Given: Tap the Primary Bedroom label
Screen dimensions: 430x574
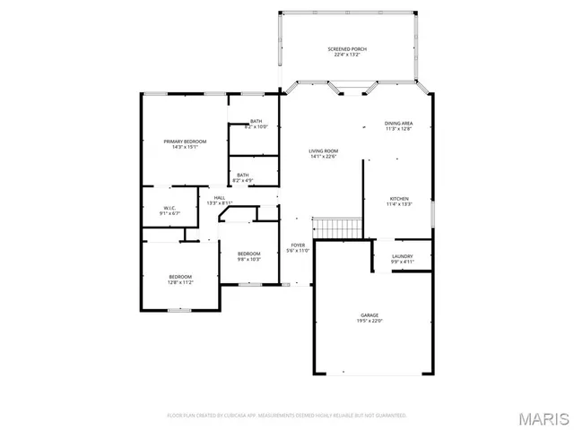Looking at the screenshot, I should (x=185, y=142).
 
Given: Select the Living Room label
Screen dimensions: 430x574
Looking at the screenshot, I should (x=322, y=150).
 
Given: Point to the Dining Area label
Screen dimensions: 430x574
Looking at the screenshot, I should (x=398, y=123).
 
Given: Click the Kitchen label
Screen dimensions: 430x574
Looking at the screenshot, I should (x=399, y=198).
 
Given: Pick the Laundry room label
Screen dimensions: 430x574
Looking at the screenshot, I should (x=402, y=256).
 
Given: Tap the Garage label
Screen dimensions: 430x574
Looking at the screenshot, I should (x=370, y=314).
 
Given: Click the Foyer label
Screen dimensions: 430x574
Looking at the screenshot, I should (x=298, y=245).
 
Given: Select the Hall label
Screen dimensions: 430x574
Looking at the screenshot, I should (x=220, y=198).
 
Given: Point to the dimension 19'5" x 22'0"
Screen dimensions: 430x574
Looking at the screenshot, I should (x=370, y=321).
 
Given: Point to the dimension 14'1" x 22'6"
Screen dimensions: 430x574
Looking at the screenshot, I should (x=322, y=157).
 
